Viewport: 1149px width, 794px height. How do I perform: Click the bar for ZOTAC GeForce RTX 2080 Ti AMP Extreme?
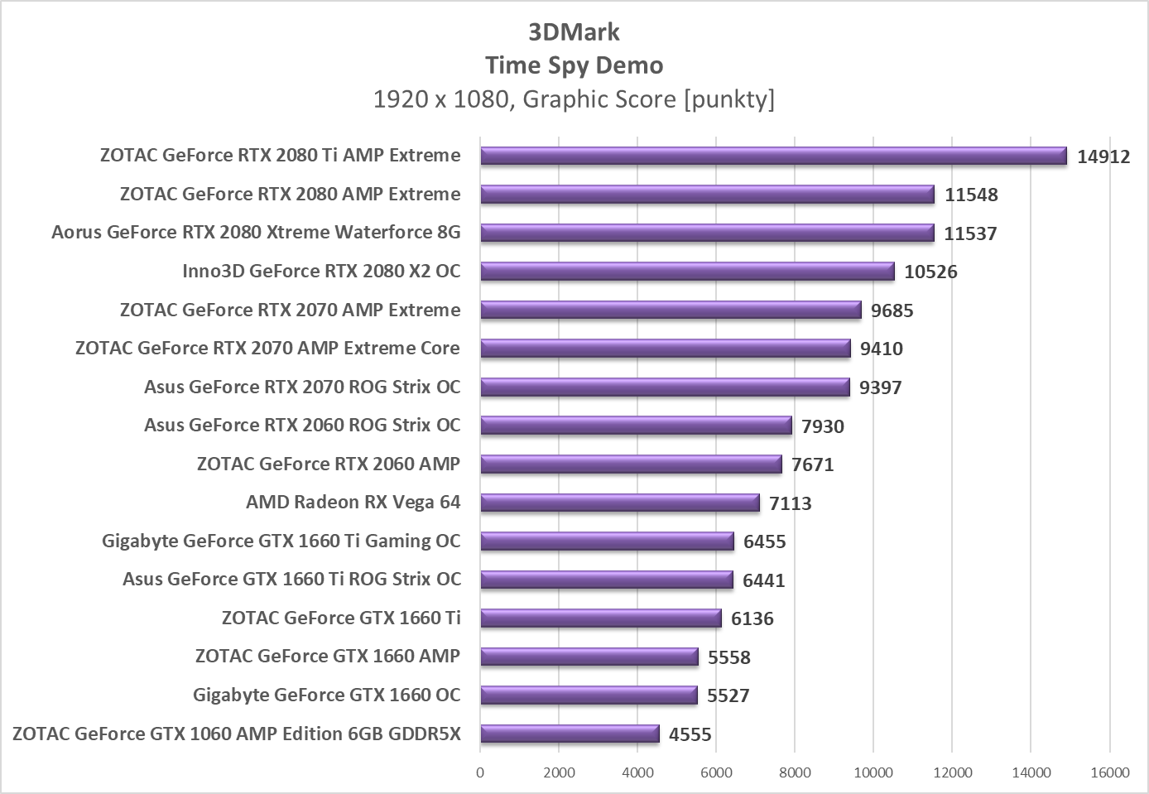point(773,156)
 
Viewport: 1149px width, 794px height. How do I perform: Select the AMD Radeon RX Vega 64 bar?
point(619,503)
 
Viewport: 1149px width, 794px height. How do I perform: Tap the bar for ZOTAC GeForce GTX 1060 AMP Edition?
point(570,734)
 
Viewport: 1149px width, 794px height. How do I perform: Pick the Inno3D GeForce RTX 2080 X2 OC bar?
point(687,272)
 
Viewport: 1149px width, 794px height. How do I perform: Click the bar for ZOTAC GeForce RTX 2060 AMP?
point(631,464)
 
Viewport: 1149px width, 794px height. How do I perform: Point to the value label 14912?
point(1103,156)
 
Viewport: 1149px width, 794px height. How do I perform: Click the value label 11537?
point(970,233)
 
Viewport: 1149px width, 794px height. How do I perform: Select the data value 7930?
point(822,426)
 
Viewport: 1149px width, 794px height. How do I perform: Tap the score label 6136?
point(752,618)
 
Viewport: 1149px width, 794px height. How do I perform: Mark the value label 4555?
point(690,734)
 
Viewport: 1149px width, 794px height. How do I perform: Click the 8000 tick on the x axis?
point(795,772)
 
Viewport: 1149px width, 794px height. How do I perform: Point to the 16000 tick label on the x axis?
point(1109,772)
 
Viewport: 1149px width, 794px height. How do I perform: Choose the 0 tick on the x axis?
point(480,772)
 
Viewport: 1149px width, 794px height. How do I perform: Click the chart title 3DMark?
point(574,32)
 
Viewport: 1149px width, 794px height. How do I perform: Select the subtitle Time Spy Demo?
point(574,65)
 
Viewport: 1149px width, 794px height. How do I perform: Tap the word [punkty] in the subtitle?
point(729,99)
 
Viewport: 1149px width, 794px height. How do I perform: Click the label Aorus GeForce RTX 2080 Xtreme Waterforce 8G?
point(256,233)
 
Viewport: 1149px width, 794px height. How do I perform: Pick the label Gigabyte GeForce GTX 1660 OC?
point(326,695)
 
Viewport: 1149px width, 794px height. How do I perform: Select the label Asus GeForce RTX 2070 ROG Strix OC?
point(302,387)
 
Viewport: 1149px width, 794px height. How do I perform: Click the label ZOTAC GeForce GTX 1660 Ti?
point(341,618)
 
